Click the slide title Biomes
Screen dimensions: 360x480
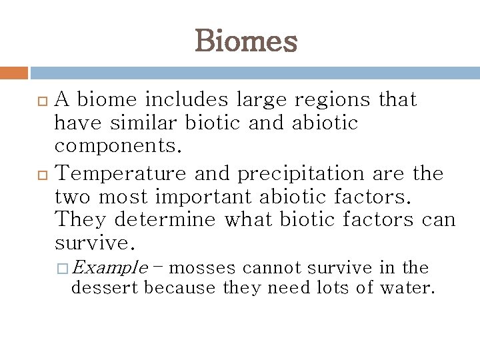pos(246,41)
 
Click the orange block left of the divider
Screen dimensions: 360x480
pos(14,73)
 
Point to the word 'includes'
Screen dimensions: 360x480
pos(190,100)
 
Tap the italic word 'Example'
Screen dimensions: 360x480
pos(109,268)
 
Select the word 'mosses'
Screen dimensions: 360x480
pos(203,268)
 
